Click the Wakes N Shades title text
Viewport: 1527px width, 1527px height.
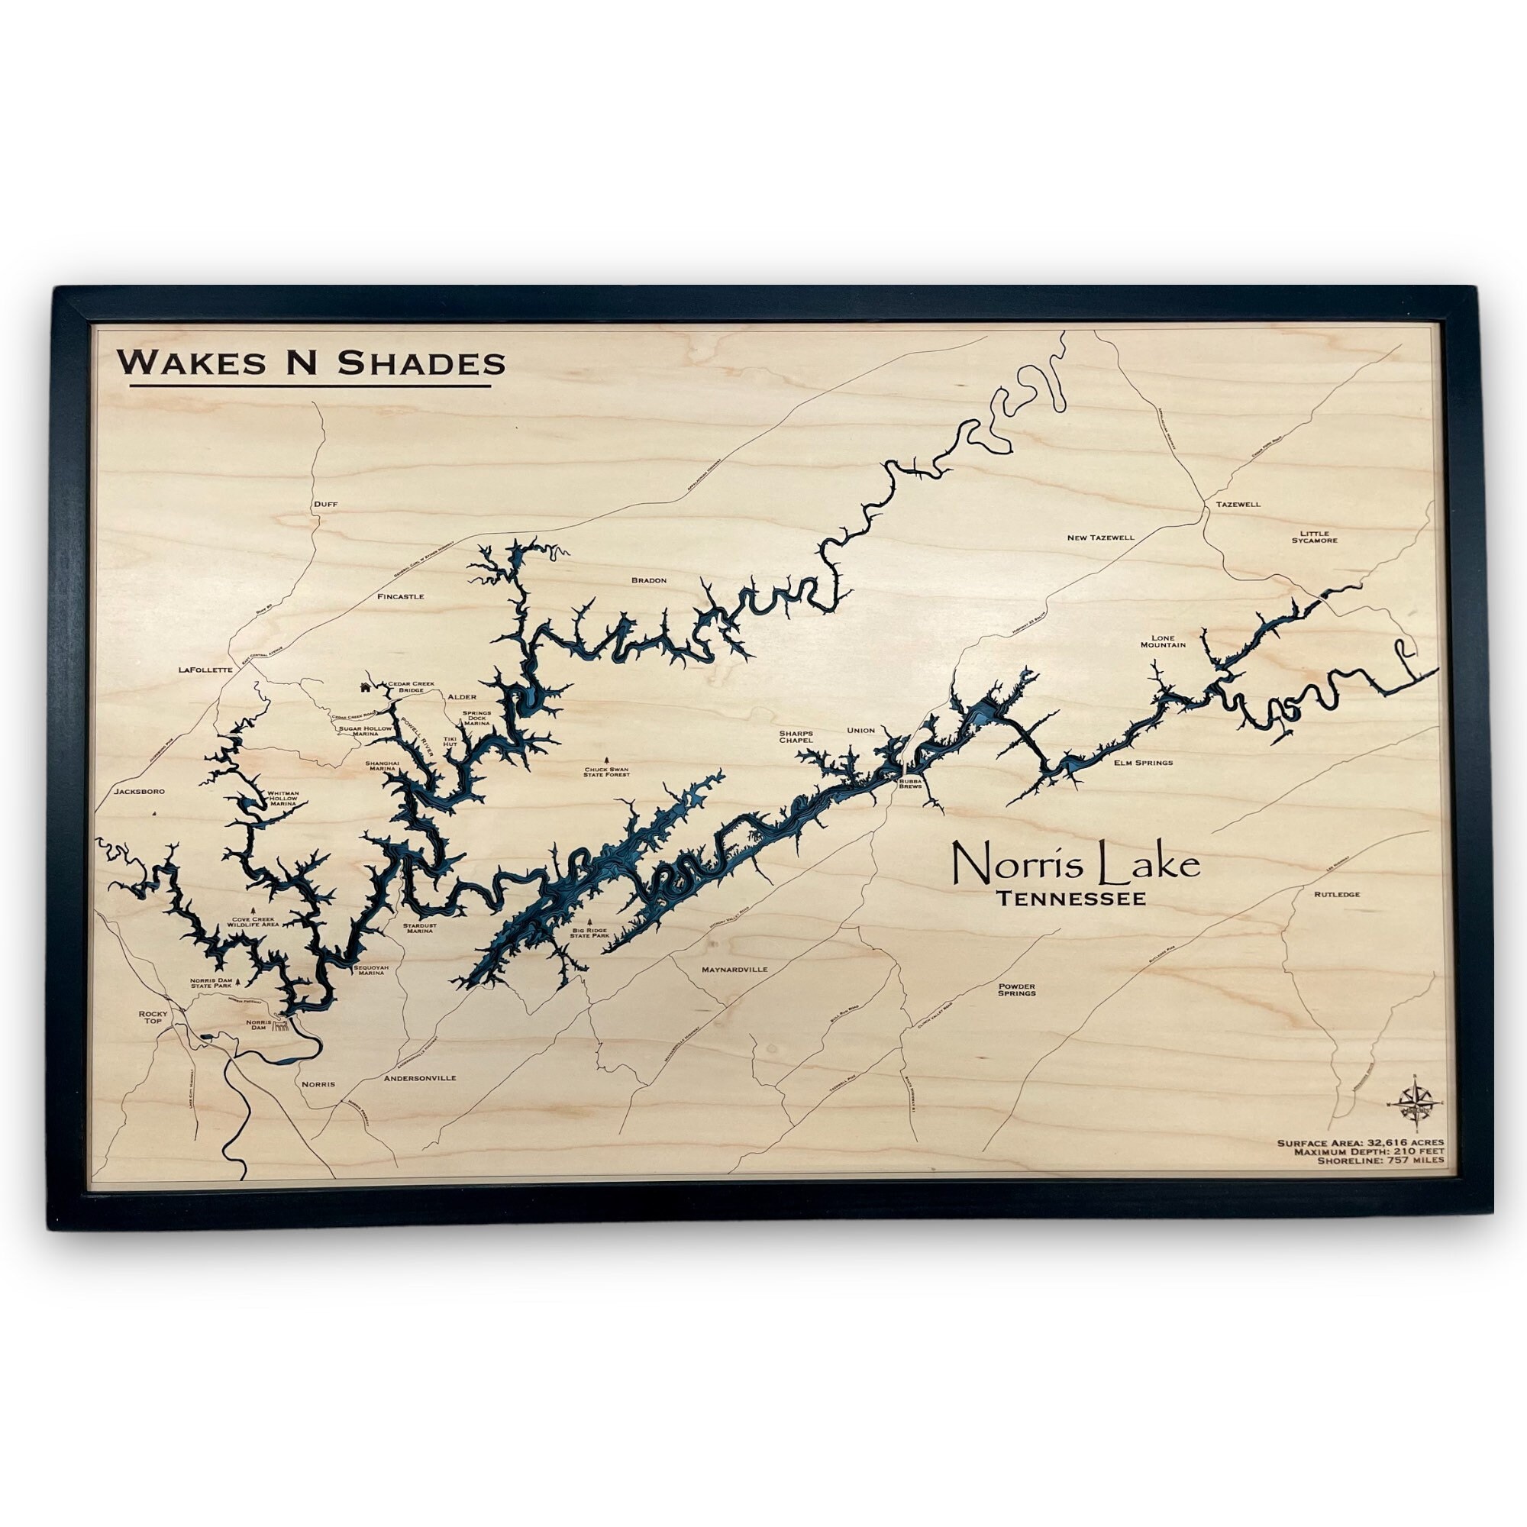click(x=311, y=363)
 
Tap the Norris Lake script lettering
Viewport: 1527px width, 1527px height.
click(x=1075, y=864)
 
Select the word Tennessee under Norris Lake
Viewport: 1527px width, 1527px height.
click(x=1071, y=899)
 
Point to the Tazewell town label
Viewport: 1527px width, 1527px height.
click(x=1238, y=503)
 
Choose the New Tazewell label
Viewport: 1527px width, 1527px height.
click(x=1100, y=538)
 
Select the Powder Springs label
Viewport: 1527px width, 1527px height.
click(x=1016, y=989)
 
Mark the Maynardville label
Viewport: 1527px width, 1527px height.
click(x=734, y=968)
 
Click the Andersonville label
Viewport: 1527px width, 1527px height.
click(x=419, y=1077)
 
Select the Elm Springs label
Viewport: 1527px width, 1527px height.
click(x=1143, y=763)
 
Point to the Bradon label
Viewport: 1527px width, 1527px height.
click(x=649, y=580)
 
